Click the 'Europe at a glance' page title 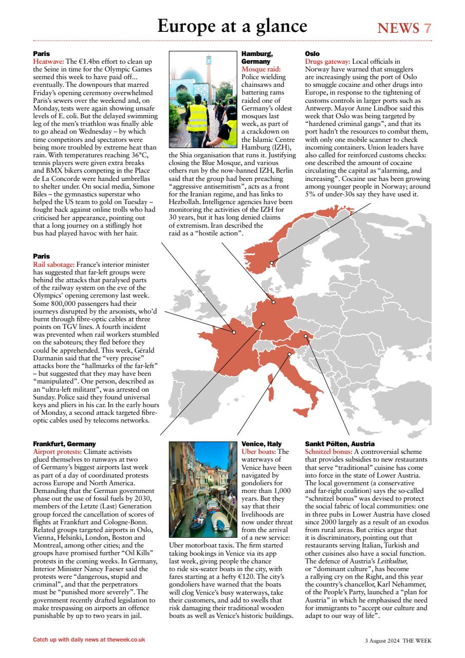pos(232,26)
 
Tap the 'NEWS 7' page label pos(404,28)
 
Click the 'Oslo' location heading pos(312,53)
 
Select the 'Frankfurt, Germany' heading pos(64,444)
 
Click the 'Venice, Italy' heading pos(262,444)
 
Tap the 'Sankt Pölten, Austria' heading pos(340,444)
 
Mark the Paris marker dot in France pos(234,332)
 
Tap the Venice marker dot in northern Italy pos(289,354)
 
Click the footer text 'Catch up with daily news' pos(89,639)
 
